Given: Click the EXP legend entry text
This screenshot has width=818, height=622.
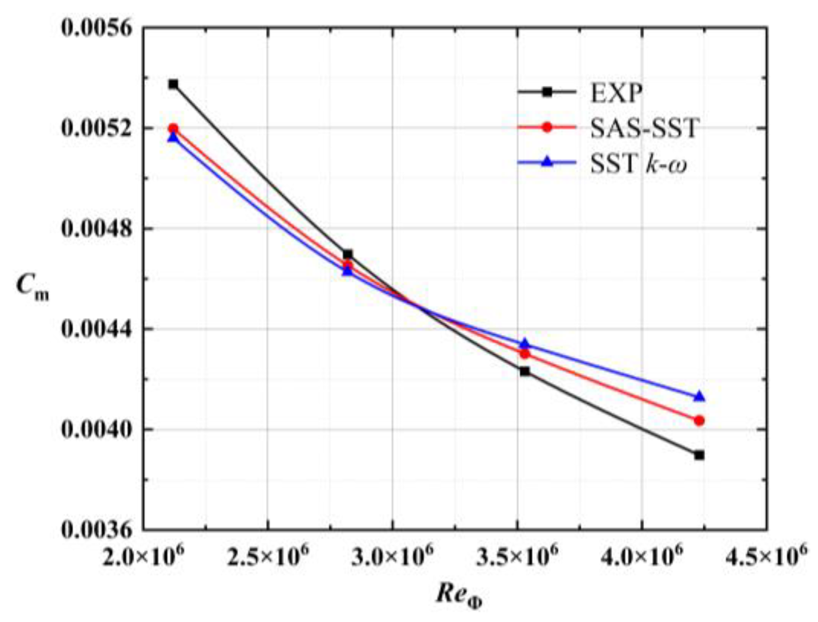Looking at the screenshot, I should pos(616,92).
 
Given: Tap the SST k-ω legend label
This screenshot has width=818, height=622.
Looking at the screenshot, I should pos(639,163).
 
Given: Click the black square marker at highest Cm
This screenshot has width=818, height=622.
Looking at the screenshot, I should pos(173,84).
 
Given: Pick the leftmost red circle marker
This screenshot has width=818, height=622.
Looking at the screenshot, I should pos(173,129).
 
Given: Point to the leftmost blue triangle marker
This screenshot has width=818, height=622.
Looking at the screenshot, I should pos(173,138).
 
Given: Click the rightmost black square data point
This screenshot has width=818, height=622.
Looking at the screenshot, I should pos(700,455).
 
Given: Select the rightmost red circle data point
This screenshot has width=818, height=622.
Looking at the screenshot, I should pos(700,421).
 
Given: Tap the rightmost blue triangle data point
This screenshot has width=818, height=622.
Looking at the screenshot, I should pos(700,396).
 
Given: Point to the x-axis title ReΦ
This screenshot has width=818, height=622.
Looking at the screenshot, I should pos(459,595).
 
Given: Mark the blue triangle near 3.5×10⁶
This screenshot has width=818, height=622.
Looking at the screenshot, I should pos(525,344).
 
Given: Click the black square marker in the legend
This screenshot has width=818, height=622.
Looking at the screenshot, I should pos(547,92).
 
